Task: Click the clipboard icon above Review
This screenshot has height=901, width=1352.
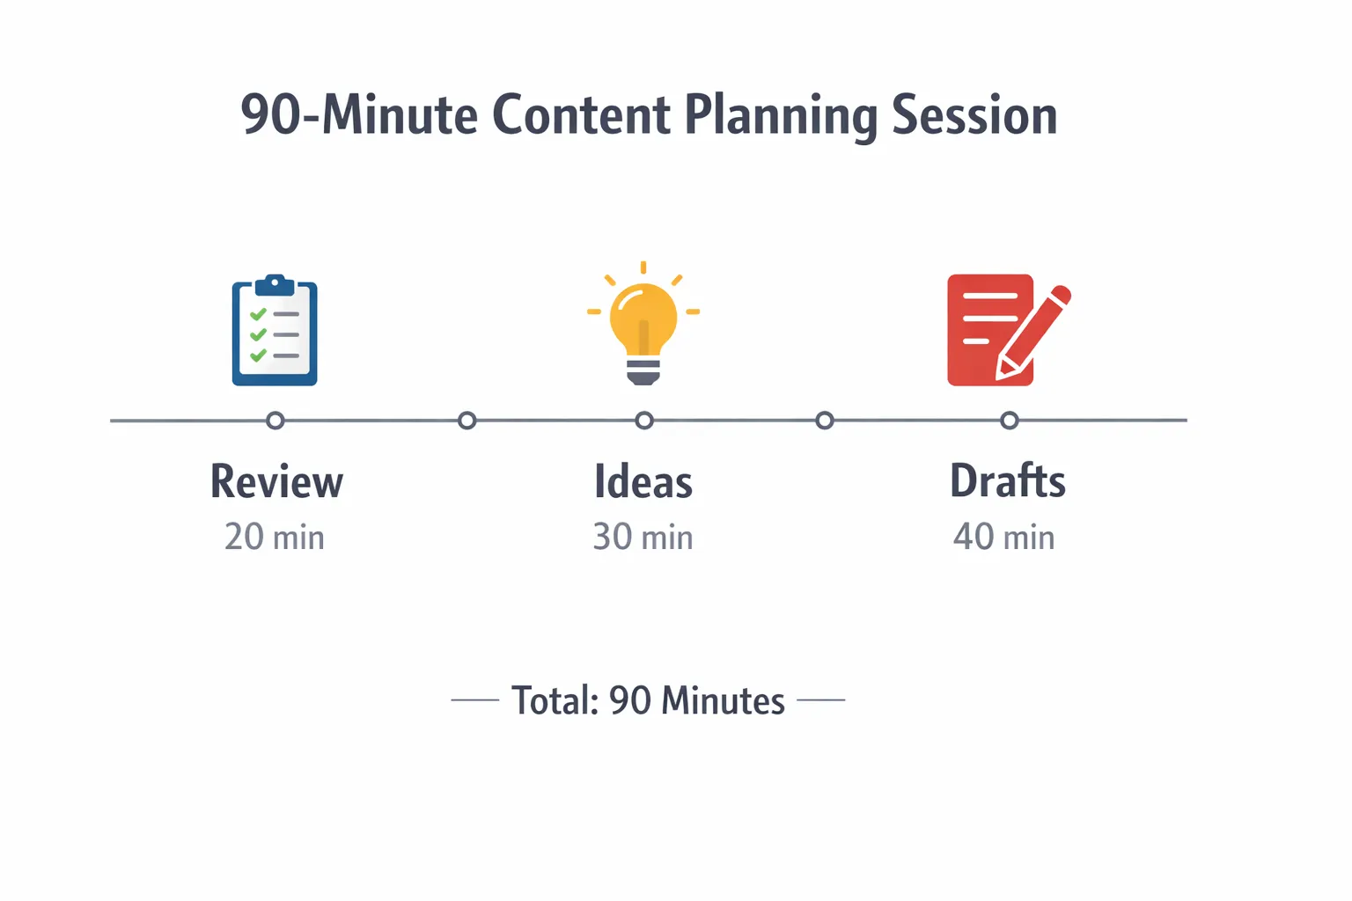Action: [x=275, y=331]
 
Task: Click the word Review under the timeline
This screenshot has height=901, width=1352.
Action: [x=276, y=481]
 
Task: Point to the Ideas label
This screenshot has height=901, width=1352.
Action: [x=643, y=481]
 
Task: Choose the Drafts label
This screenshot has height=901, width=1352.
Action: [x=1008, y=481]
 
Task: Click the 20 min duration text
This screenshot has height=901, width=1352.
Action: [x=275, y=537]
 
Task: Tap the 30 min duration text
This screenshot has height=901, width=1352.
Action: [x=643, y=537]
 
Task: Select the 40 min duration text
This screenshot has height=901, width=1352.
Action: [x=1004, y=537]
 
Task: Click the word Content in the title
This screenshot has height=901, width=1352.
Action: [x=581, y=115]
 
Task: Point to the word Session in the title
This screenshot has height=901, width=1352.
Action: [x=974, y=115]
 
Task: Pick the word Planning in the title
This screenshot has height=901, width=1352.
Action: [x=781, y=117]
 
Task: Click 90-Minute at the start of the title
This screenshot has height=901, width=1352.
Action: [x=359, y=115]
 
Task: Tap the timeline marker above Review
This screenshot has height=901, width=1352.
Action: [x=276, y=421]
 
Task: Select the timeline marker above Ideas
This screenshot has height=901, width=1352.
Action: [x=644, y=421]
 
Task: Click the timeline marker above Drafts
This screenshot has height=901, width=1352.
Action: [x=1010, y=421]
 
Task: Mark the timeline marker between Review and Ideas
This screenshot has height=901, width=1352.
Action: [x=467, y=421]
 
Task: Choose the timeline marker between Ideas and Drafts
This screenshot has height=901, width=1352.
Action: [x=825, y=421]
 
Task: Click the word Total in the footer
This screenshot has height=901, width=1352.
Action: [x=555, y=701]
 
